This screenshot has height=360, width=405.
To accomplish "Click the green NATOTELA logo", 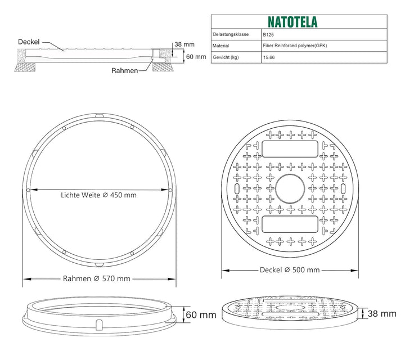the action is pyautogui.click(x=292, y=22).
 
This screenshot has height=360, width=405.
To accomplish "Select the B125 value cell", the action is pyautogui.click(x=268, y=35).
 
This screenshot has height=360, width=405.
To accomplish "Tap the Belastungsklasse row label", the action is pyautogui.click(x=231, y=34).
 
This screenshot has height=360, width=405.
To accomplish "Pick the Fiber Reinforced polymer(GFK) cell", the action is pyautogui.click(x=295, y=46).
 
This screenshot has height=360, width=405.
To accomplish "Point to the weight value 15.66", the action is pyautogui.click(x=269, y=57).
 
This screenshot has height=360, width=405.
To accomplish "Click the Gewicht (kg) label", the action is pyautogui.click(x=226, y=57).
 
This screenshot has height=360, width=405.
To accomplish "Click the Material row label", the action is pyautogui.click(x=220, y=46).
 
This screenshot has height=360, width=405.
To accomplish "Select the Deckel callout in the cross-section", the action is pyautogui.click(x=29, y=42).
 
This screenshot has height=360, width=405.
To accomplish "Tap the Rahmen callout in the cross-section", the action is pyautogui.click(x=125, y=70).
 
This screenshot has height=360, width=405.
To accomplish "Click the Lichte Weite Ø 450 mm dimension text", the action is pyautogui.click(x=98, y=195).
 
